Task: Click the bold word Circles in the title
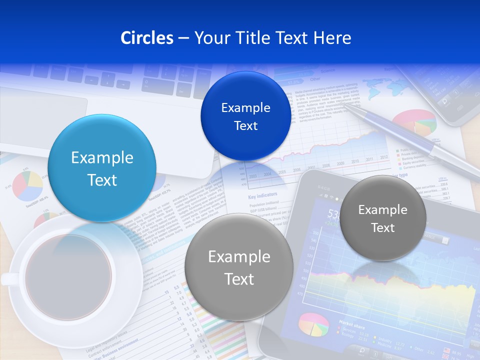pyautogui.click(x=147, y=38)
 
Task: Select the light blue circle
pyautogui.click(x=102, y=168)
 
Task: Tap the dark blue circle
pyautogui.click(x=245, y=116)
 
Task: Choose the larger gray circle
pyautogui.click(x=239, y=267)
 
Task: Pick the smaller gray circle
pyautogui.click(x=383, y=218)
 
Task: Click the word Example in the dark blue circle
pyautogui.click(x=245, y=107)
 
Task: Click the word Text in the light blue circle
pyautogui.click(x=102, y=180)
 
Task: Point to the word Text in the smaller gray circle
pyautogui.click(x=383, y=228)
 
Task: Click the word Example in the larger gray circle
pyautogui.click(x=239, y=256)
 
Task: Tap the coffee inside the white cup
pyautogui.click(x=68, y=276)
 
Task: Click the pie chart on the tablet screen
pyautogui.click(x=313, y=324)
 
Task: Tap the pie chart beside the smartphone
pyautogui.click(x=414, y=122)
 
